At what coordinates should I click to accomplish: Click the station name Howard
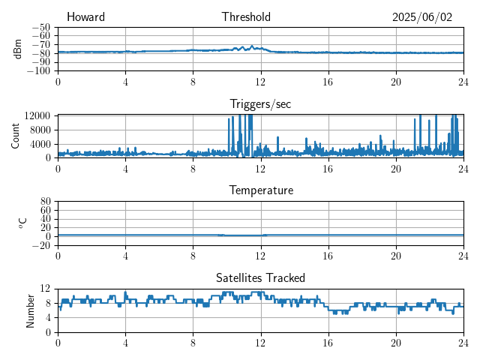pos(85,17)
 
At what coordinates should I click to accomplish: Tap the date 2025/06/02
pos(422,17)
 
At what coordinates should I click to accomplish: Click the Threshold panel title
pos(246,17)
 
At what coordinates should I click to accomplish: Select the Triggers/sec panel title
pos(260,104)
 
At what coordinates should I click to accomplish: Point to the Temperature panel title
pos(261,190)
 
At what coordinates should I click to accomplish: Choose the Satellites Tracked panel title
pos(260,278)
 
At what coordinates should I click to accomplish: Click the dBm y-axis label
pos(17,49)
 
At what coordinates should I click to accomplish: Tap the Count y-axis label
pos(16,136)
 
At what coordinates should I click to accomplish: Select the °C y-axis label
pos(22,223)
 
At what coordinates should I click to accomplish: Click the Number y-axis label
pos(30,310)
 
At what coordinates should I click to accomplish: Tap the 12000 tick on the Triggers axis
pos(37,115)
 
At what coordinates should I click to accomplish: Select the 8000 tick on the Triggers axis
pos(40,129)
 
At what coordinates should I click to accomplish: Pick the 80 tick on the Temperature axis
pos(46,202)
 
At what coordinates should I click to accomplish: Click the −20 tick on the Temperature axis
pos(42,245)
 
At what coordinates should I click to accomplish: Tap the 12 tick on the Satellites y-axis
pos(46,289)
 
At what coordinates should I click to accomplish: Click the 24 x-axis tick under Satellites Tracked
pos(463,343)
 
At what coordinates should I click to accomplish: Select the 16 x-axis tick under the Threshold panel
pos(328,82)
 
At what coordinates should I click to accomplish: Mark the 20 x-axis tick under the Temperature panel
pos(396,256)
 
